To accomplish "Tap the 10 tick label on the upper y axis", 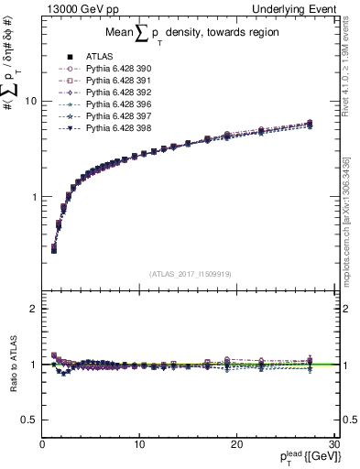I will [30, 102].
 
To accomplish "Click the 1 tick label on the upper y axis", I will [33, 197].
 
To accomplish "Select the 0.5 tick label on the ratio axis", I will [28, 420].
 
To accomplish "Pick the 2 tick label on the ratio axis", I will [33, 309].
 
